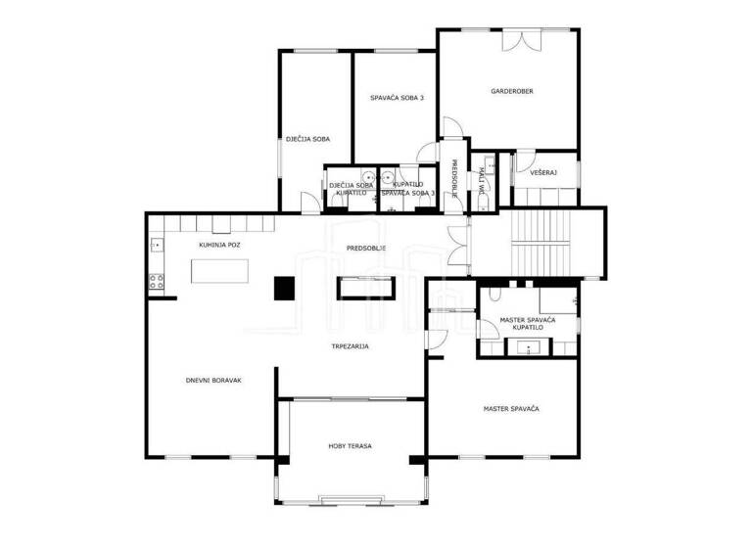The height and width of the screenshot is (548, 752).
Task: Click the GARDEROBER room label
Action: point(511,91)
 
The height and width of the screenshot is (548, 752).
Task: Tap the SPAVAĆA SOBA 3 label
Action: point(390,98)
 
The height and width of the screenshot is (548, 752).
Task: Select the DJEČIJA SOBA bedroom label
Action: point(306,139)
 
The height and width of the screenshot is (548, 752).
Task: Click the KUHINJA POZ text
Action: point(219,245)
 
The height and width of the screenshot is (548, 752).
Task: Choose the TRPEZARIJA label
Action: point(349,345)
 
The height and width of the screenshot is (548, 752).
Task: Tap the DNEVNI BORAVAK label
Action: point(213,380)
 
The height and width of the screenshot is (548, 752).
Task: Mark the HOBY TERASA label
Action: point(350,446)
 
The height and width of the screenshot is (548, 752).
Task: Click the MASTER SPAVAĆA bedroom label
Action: point(511,407)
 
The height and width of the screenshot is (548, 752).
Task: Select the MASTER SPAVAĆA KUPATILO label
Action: point(528,324)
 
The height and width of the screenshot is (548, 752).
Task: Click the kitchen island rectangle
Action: point(218,271)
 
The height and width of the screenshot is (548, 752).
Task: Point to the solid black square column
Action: point(284,288)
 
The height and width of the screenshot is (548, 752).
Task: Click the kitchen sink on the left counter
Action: point(154,245)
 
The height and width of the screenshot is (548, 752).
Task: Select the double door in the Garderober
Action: point(521,41)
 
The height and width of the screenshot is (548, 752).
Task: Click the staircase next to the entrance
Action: point(541,242)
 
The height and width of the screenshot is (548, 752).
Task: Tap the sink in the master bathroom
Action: point(528,347)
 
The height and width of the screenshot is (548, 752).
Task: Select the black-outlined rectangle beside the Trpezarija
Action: point(366,287)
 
